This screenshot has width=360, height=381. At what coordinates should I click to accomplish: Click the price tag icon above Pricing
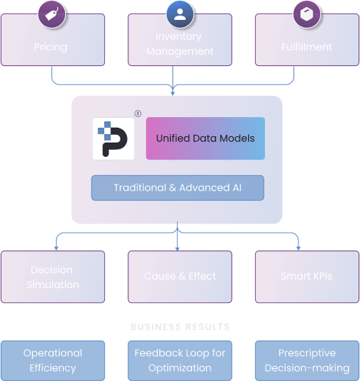pos(52,13)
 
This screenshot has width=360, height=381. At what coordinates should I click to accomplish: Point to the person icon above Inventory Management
pos(180,13)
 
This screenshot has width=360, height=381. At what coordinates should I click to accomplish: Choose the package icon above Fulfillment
pos(307,13)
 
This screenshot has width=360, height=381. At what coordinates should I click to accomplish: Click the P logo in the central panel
pos(113,138)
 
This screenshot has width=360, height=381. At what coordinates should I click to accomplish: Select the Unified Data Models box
pos(205,138)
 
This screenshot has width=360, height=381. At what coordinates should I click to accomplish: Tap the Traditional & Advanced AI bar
pos(177,188)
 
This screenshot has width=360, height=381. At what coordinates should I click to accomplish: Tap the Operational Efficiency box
pos(53,360)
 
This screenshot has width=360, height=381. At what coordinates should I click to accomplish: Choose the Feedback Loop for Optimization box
pos(180,360)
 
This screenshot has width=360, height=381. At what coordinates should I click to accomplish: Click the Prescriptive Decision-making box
pos(307,360)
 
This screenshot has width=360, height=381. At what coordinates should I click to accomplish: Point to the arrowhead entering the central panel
pos(174,93)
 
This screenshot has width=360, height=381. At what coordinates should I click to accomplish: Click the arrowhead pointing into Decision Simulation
pos(55,248)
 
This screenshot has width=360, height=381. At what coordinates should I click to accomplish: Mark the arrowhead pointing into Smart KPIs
pos(298,248)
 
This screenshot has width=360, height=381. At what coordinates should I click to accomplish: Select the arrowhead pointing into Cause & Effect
pos(177,248)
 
